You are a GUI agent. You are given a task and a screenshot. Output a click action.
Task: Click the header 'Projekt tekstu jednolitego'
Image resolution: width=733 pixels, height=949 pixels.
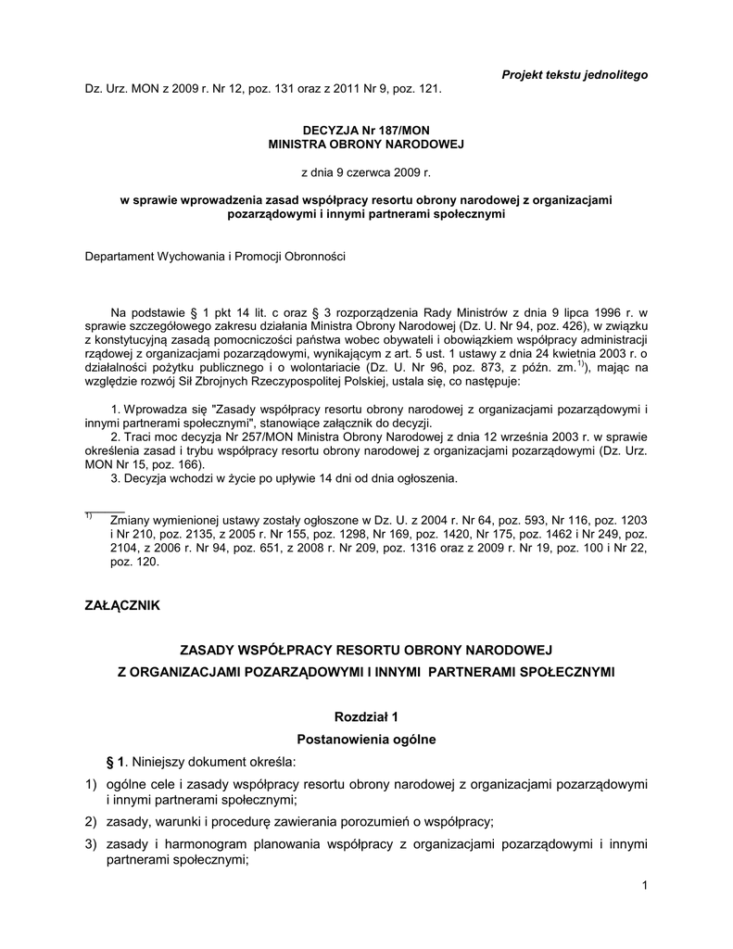tap(575, 73)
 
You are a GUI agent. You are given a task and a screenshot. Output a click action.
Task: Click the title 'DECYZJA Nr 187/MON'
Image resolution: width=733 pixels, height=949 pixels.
tap(366, 132)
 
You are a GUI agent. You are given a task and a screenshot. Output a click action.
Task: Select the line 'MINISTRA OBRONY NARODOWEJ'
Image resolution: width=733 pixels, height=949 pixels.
tap(366, 146)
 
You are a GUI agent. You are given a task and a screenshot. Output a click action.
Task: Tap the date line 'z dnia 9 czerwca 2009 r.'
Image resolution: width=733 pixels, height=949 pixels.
tap(366, 172)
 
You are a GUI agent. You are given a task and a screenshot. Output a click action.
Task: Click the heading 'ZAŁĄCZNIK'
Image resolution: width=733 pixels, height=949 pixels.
tap(123, 605)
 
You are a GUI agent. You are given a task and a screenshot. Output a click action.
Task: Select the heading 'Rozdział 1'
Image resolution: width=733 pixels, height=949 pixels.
tap(365, 716)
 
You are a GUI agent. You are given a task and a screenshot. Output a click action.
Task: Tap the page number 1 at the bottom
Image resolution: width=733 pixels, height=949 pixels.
tap(643, 888)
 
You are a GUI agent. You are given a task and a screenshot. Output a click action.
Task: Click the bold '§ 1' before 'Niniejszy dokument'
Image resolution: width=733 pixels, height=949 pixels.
tap(116, 762)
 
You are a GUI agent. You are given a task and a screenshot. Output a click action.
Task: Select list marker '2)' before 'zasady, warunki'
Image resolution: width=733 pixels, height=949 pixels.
tap(90, 822)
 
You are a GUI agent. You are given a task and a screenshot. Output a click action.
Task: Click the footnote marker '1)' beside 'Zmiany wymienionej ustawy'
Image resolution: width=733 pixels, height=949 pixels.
tap(89, 516)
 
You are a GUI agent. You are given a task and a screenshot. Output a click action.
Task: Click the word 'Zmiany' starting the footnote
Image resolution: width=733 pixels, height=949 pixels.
tap(129, 522)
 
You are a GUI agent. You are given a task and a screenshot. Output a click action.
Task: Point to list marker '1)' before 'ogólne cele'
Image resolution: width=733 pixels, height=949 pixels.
tap(90, 784)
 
